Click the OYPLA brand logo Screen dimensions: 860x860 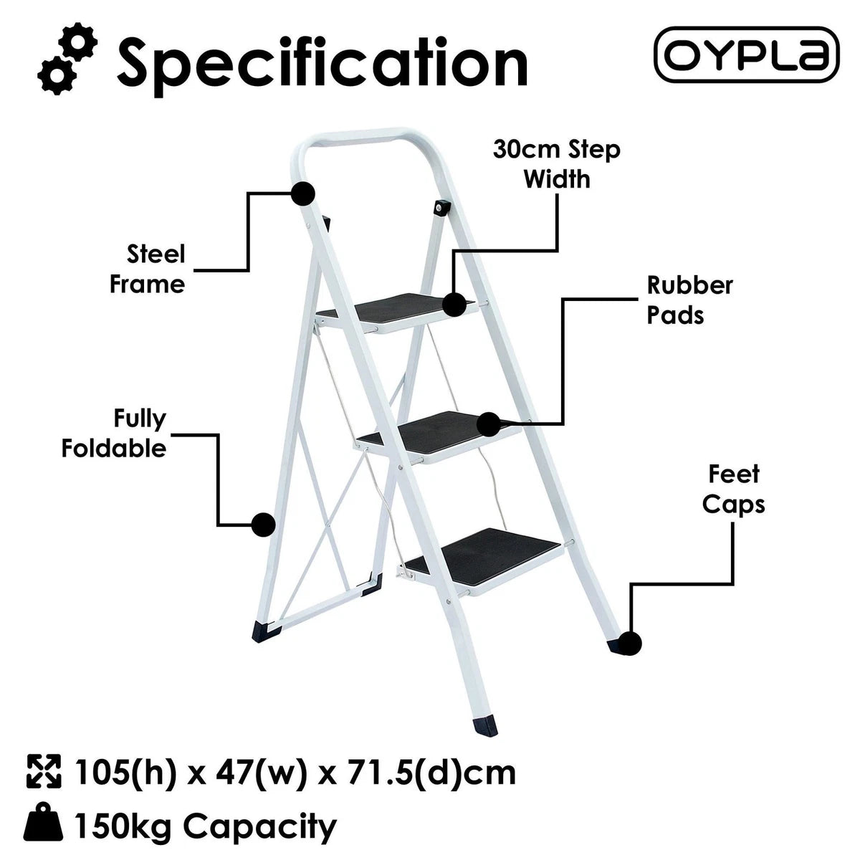pos(746,55)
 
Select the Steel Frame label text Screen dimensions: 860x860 pos(148,269)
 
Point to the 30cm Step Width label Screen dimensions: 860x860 pos(557,164)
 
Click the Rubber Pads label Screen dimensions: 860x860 pos(690,300)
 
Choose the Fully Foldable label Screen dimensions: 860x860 pos(114,434)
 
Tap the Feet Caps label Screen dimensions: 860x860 pos(733,489)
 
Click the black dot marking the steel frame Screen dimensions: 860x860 pos(303,193)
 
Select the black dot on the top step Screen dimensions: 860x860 pos(454,305)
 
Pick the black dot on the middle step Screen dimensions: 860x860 pos(489,424)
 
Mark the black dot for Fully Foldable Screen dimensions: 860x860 pos(263,525)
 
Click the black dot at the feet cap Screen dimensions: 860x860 pos(629,643)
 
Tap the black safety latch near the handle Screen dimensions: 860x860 pos(442,208)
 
